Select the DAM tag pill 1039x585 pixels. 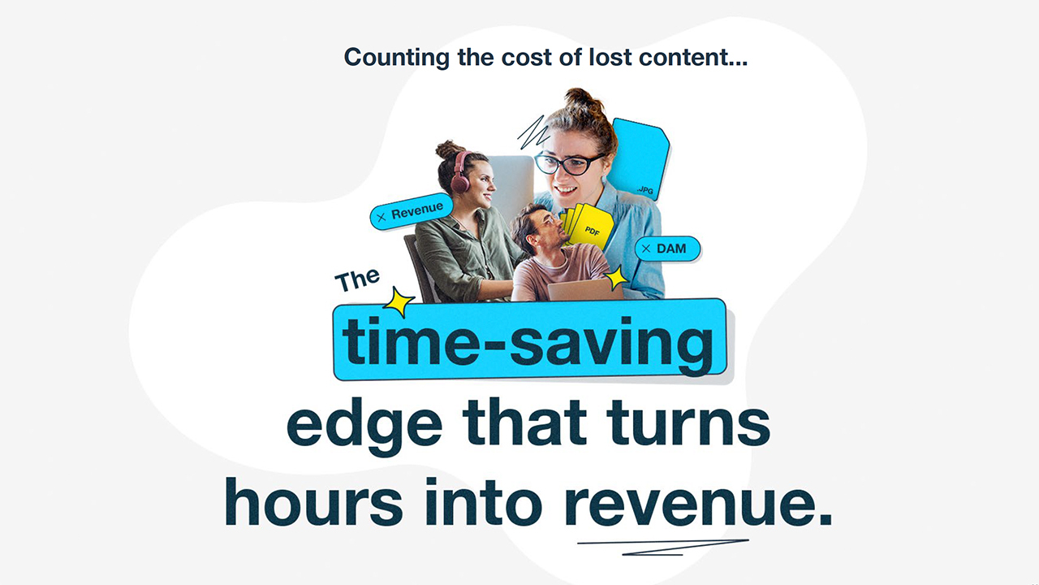tap(667, 249)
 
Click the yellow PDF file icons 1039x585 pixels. tap(587, 226)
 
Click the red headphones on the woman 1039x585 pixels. tap(461, 173)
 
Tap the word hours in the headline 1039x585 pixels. tap(313, 501)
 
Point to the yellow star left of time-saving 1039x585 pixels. tap(398, 301)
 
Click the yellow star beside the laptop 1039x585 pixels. tap(616, 278)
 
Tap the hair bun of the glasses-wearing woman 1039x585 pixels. tap(581, 101)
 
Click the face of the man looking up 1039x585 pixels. tap(541, 232)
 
